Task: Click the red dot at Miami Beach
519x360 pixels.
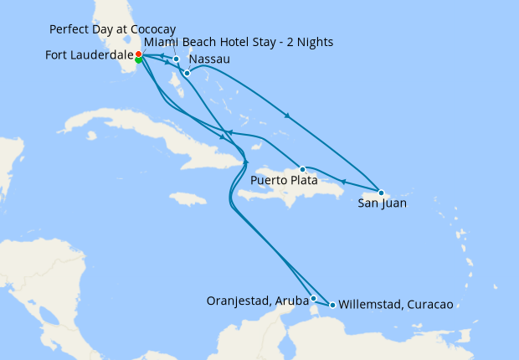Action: coord(138,54)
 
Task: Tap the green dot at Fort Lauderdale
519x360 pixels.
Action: coord(138,60)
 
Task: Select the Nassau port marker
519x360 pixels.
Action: coord(187,73)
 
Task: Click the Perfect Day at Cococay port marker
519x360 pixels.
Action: coord(176,59)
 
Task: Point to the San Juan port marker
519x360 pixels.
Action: coord(381,193)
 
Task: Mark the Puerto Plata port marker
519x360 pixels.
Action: coord(303,169)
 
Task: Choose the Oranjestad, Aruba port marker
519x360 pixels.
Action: coord(313,298)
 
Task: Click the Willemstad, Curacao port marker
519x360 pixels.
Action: coord(332,305)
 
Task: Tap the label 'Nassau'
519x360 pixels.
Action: coord(209,60)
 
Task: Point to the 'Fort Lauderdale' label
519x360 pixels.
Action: coord(87,56)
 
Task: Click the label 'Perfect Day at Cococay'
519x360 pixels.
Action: coord(112,29)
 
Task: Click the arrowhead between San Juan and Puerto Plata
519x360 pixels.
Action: coord(342,181)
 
